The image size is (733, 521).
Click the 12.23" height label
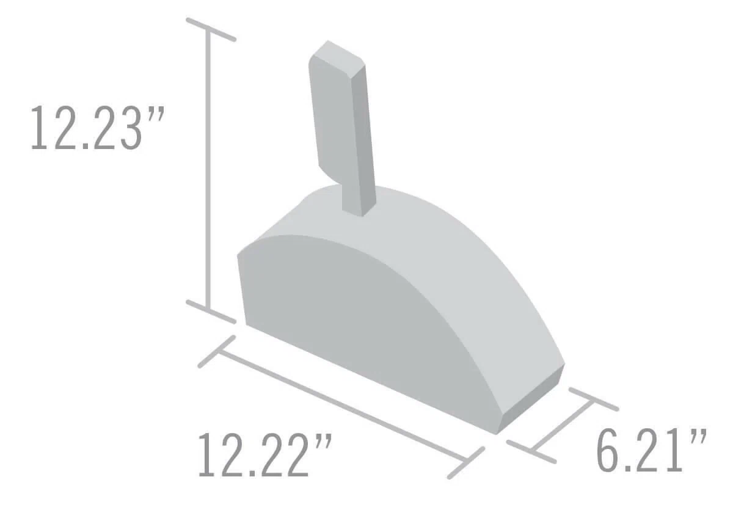tap(97, 128)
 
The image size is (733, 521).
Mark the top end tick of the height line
tap(211, 30)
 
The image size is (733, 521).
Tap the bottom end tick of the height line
tap(211, 312)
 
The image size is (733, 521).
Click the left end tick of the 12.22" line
tap(217, 351)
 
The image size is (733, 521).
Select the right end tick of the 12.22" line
tap(466, 463)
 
